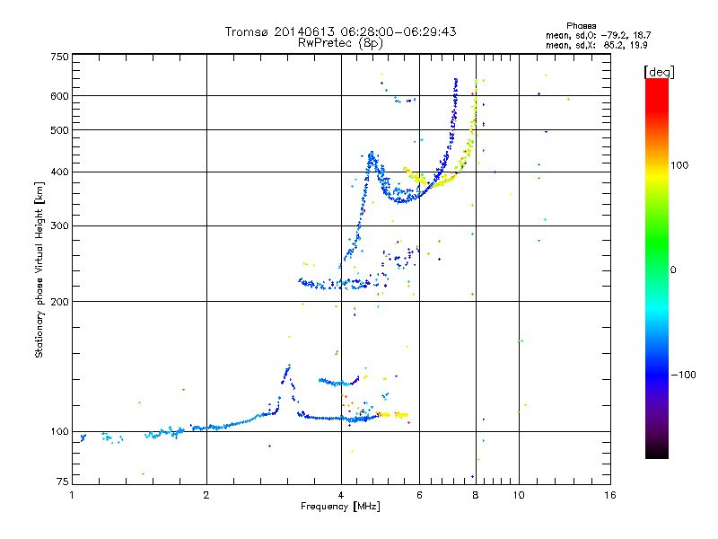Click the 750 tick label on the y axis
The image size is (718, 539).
coord(59,56)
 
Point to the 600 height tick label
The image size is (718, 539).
coord(59,95)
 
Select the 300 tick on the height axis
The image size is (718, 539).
coord(59,225)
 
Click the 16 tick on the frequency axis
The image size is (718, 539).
coord(610,495)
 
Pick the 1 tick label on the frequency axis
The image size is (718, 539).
coord(72,495)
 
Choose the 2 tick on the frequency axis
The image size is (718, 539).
coord(206,495)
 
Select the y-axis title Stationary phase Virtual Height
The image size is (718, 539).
coord(39,269)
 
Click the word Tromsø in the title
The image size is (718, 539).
coord(248,31)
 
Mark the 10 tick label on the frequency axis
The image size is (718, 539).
coord(518,495)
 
